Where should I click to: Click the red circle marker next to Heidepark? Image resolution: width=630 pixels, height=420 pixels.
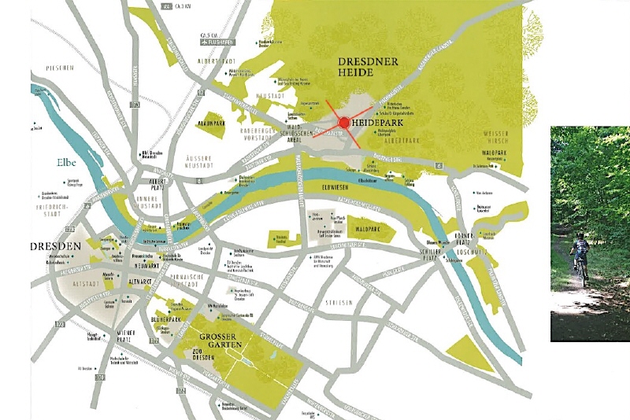pos(344,123)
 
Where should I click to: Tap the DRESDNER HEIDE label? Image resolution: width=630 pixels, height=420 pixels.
pos(369,67)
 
